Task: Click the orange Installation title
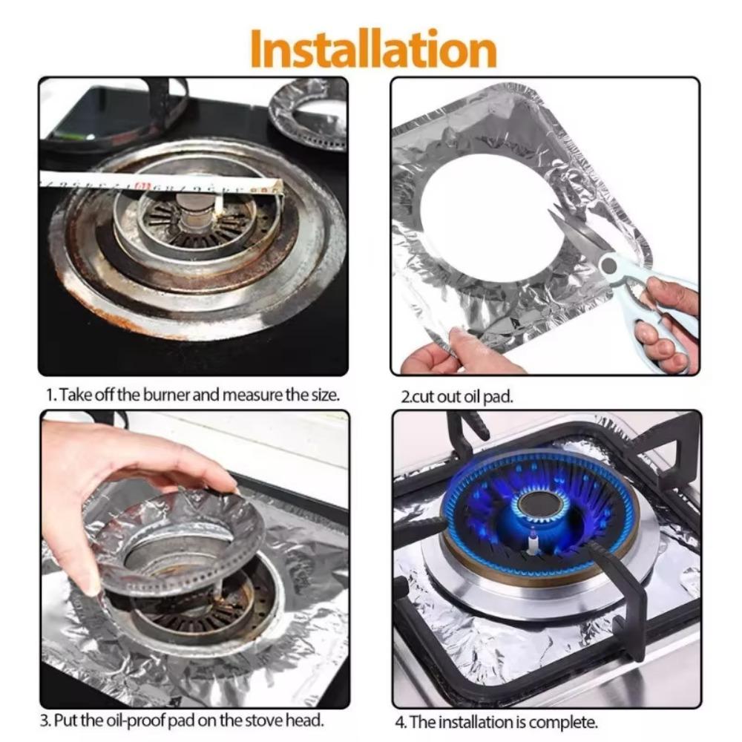coord(372,49)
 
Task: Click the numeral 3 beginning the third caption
coord(44,720)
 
